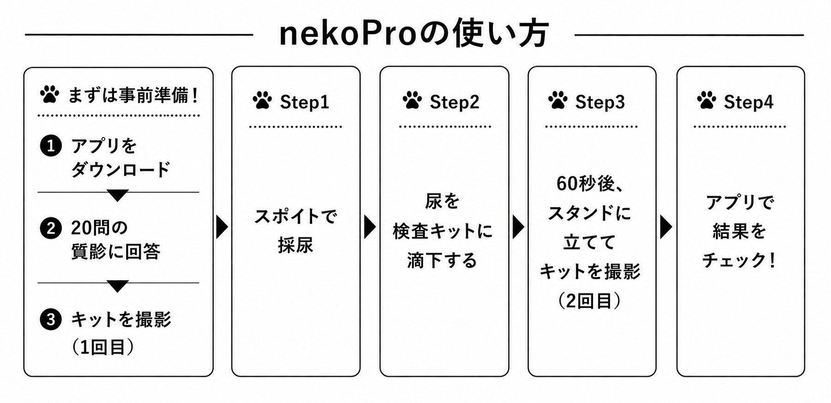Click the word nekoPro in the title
[348, 35]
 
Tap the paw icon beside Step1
[262, 100]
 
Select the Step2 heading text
[454, 102]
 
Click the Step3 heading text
[600, 102]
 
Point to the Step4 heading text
[748, 102]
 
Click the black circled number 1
[51, 146]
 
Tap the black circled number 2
[51, 229]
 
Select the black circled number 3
[51, 319]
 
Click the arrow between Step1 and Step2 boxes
[370, 227]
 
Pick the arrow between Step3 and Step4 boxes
[666, 227]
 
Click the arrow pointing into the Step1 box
[222, 227]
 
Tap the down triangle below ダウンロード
[118, 195]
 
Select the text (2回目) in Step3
[589, 301]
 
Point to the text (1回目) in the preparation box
[102, 347]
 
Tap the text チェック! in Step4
[739, 261]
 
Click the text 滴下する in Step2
[442, 261]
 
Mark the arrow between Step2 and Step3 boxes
[519, 227]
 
